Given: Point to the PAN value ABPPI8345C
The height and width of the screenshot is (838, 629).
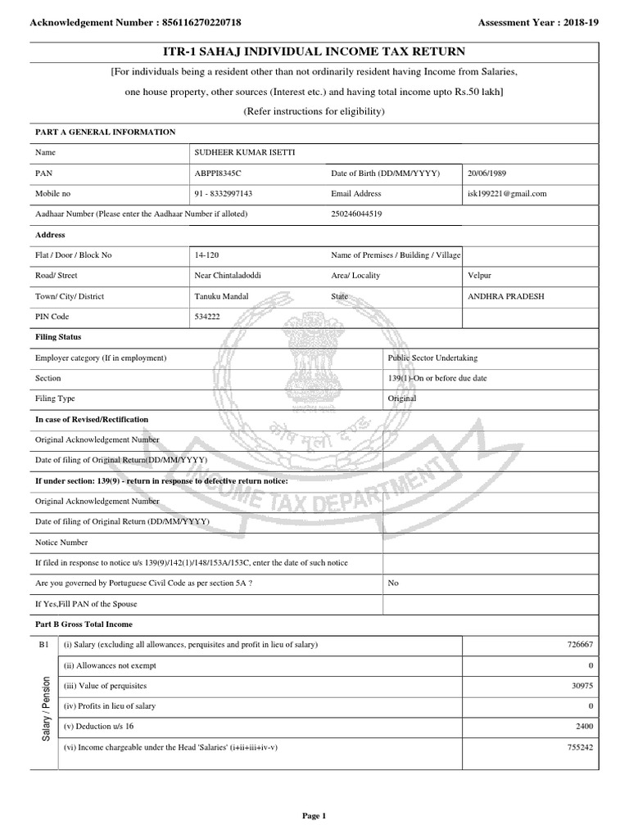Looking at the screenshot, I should coord(218,173).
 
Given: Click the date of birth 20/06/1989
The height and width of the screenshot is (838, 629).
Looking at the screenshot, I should coord(493,173).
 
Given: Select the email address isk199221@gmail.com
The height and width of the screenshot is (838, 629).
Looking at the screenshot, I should coord(507,194).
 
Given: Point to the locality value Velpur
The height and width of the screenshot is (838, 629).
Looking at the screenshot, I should coord(479,276).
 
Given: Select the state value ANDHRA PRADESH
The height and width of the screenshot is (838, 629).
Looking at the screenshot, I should coord(505,296).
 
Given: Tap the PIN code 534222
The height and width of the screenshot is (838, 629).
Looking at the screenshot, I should coord(207,317).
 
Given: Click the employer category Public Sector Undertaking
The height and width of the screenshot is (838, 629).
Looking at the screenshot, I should coord(432,358).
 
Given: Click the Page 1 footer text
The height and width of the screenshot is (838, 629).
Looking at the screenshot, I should coord(314,815).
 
